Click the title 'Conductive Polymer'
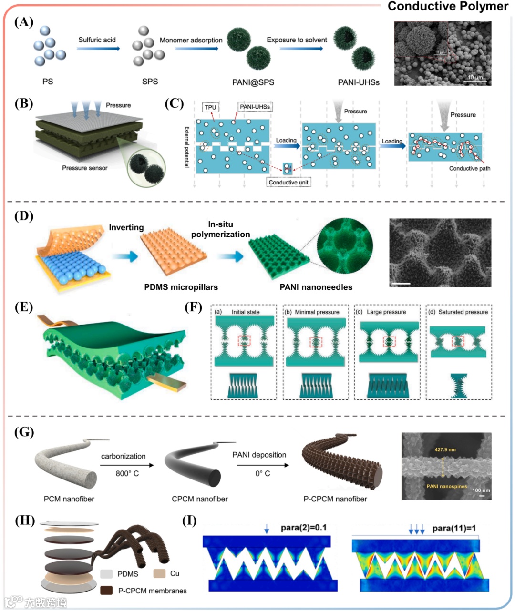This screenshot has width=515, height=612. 448,7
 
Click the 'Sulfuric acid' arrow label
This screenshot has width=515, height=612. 97,40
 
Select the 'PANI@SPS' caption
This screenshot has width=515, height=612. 253,82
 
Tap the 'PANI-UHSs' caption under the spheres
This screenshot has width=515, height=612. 359,82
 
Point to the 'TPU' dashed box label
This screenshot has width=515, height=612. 210,107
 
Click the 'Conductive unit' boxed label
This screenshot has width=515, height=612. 288,182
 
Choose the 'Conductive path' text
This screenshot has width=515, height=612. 469,168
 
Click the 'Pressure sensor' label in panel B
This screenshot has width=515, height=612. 84,168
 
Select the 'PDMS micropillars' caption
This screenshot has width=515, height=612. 181,287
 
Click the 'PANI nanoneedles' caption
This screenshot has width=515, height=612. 316,287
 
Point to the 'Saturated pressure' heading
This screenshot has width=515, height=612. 463,312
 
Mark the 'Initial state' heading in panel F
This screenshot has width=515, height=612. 246,312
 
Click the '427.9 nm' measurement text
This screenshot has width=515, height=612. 445,449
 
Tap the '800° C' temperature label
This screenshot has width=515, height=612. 127,473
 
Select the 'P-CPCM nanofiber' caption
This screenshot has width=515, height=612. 335,499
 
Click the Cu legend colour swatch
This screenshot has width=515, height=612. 159,573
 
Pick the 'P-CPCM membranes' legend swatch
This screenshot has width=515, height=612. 106,591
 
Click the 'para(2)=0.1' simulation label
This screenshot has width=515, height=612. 303,528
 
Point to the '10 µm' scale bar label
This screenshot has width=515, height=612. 475,77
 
